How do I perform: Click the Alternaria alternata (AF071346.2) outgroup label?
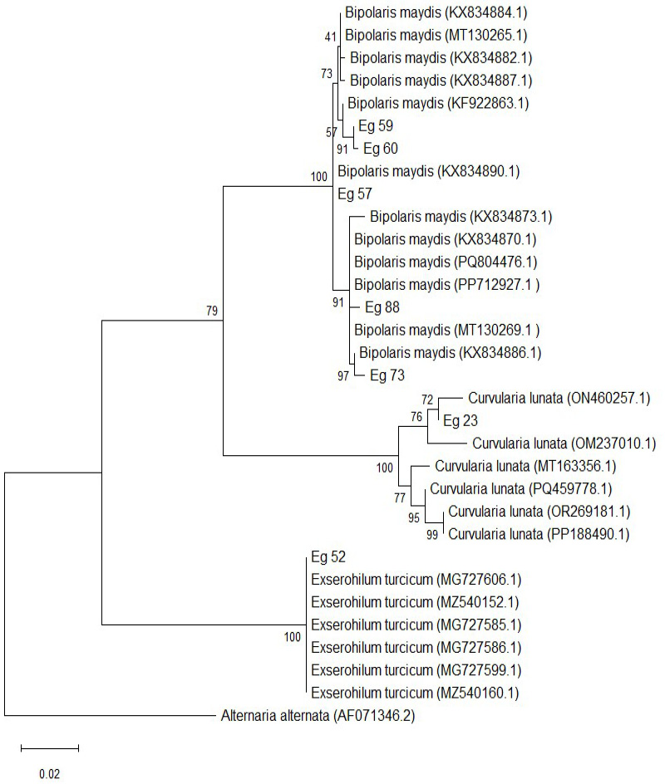(x=318, y=716)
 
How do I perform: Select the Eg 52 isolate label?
(x=328, y=556)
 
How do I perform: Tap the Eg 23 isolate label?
(x=461, y=420)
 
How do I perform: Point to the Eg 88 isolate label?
(x=382, y=307)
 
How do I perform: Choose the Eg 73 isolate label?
(x=387, y=375)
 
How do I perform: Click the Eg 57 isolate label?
(x=355, y=194)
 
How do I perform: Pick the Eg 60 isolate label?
(x=381, y=148)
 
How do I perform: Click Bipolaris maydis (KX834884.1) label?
(x=436, y=12)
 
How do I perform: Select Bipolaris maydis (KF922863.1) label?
(x=438, y=103)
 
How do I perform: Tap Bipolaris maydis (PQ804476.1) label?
(x=446, y=262)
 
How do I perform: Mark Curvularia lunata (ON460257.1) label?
(x=559, y=398)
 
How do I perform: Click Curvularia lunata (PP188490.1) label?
(x=539, y=534)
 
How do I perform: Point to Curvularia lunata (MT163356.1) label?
(x=525, y=466)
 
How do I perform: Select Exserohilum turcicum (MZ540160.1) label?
(x=416, y=693)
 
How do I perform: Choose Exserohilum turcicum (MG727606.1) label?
(x=416, y=579)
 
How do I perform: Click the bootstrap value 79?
(x=212, y=311)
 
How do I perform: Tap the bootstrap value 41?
(x=330, y=37)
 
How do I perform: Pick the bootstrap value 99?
(x=432, y=535)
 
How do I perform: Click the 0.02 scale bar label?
(x=50, y=774)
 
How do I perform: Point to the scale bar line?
(x=50, y=748)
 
